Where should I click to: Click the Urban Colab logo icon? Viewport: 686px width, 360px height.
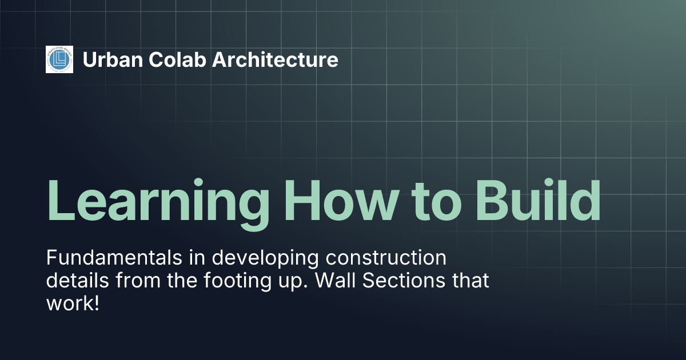[x=59, y=59]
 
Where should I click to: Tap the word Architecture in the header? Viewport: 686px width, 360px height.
[x=275, y=59]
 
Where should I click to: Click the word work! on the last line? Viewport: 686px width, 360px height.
[x=73, y=303]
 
